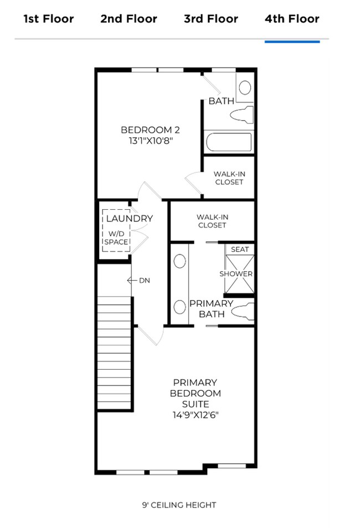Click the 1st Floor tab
coord(48,19)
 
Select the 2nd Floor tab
coord(128,19)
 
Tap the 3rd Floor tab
coord(210,19)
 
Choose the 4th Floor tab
coord(292,19)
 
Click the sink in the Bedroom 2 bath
coord(244,87)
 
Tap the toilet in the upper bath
coord(241,116)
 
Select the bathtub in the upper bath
coord(229,142)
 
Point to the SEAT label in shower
coord(240,250)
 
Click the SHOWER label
coord(236,274)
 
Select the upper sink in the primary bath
coord(179,261)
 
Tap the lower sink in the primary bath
coord(179,306)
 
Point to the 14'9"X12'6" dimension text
coord(195,415)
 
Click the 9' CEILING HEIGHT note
coord(179,505)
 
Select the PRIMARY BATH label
coord(211,309)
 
